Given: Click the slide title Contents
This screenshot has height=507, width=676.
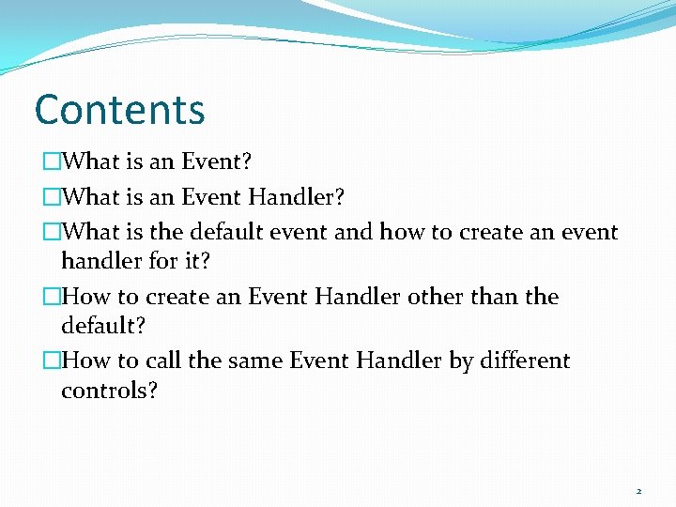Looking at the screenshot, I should click(x=119, y=109).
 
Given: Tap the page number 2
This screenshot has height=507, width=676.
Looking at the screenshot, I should click(x=638, y=491).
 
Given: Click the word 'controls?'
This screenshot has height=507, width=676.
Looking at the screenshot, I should click(x=109, y=390).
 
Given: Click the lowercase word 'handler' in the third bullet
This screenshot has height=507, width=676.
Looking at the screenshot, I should click(x=100, y=259).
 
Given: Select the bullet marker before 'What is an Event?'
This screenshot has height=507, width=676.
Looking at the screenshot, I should click(x=50, y=161).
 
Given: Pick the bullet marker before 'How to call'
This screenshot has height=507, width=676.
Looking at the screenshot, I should click(x=50, y=361).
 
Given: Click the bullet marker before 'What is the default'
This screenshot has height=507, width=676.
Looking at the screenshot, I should click(x=50, y=231).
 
